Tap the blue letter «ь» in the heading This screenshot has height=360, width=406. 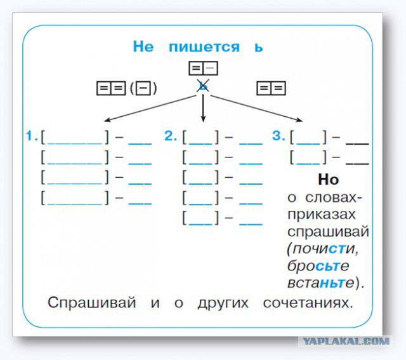point(258,48)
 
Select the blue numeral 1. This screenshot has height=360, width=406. point(30,136)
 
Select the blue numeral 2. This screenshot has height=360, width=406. point(170,136)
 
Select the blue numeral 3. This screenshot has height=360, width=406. point(277,136)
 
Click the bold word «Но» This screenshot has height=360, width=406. point(328,180)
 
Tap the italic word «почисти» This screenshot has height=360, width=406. point(322,248)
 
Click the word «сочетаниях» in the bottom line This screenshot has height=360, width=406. point(307,303)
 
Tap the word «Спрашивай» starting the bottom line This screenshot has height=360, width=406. point(92,303)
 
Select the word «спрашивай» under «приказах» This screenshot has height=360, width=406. point(328,231)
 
